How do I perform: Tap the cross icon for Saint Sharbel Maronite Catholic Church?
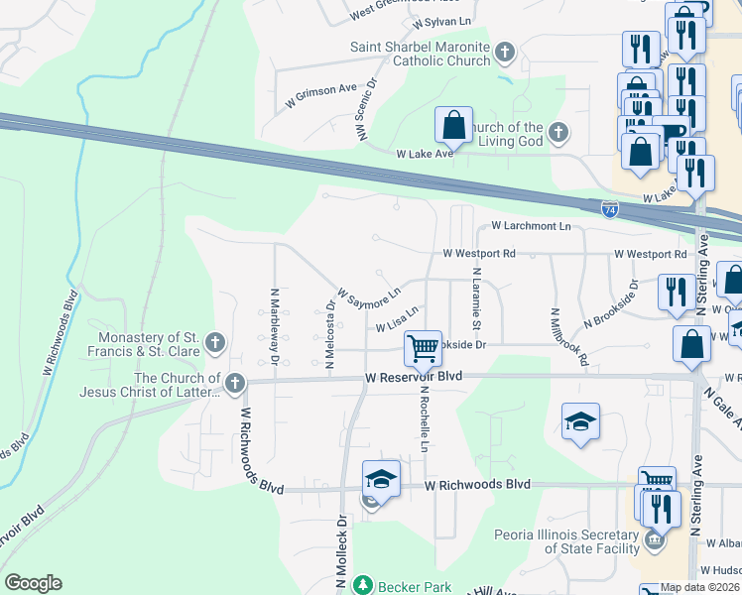coord(505,52)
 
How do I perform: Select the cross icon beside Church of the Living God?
coord(558,132)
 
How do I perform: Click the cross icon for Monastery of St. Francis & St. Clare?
coord(215,344)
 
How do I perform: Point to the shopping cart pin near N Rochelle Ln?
coord(424,349)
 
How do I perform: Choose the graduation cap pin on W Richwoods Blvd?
coord(380,480)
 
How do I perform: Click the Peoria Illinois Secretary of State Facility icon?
coord(654,540)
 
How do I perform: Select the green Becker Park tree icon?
coord(364,584)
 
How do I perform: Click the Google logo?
coord(34,583)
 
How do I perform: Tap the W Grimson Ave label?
coord(320,94)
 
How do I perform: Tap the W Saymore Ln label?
coord(368,295)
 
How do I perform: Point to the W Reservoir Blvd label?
coord(414,378)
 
